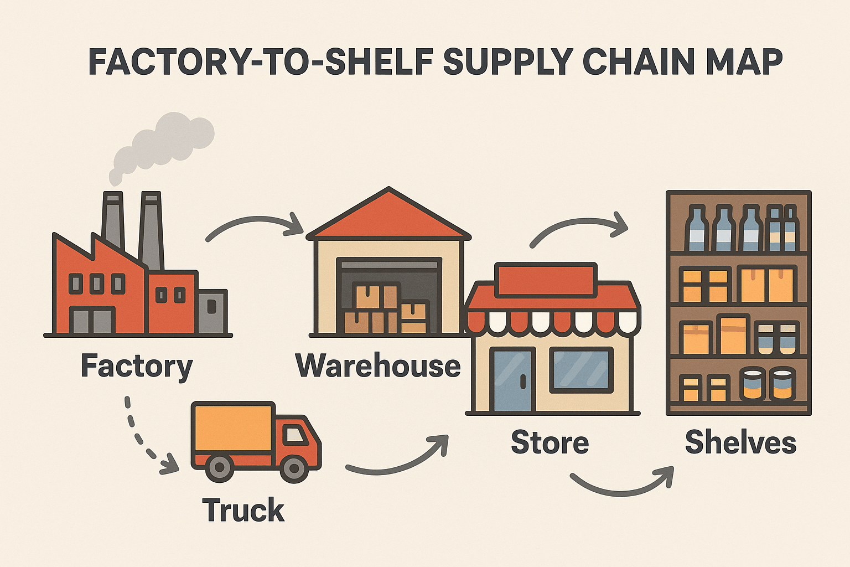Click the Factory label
pyautogui.click(x=137, y=367)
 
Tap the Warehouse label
pyautogui.click(x=379, y=365)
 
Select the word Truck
pyautogui.click(x=243, y=510)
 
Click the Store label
pyautogui.click(x=550, y=442)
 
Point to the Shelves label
pyautogui.click(x=740, y=442)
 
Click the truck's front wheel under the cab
pyautogui.click(x=294, y=469)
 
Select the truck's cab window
pyautogui.click(x=296, y=435)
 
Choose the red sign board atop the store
pyautogui.click(x=546, y=280)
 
